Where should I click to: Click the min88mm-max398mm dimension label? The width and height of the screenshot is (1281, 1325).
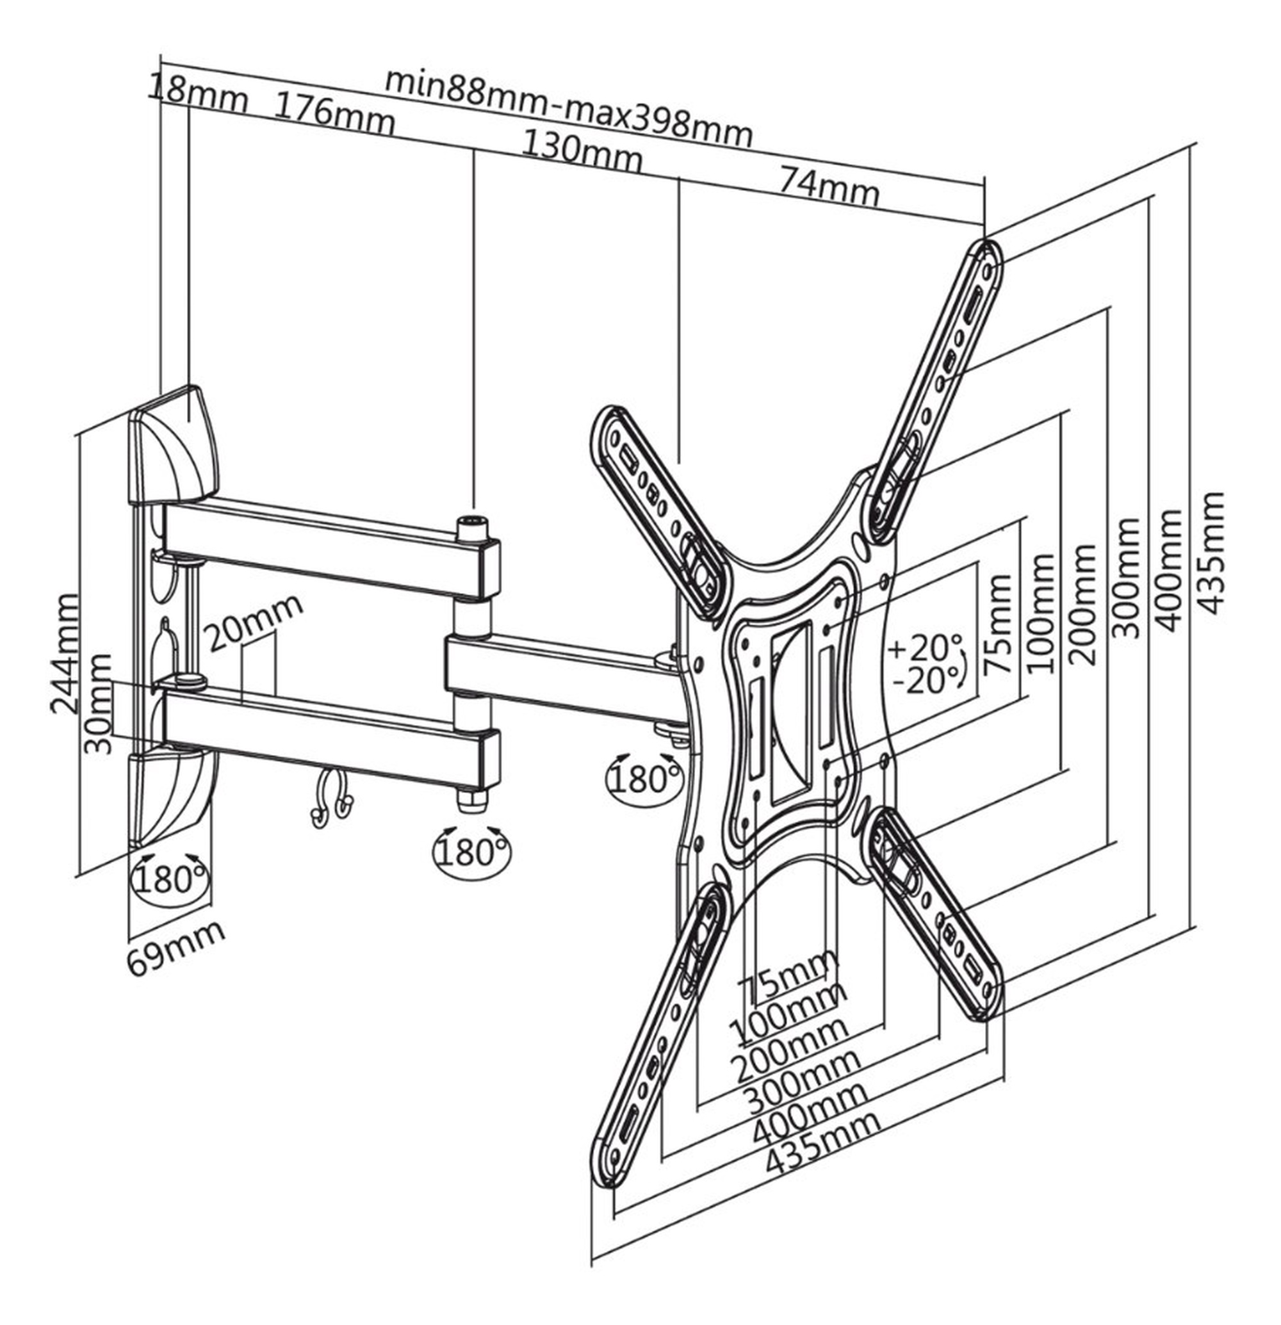[x=569, y=108]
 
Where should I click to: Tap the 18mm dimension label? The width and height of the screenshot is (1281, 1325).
[x=198, y=93]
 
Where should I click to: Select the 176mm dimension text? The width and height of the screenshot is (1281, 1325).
[x=333, y=115]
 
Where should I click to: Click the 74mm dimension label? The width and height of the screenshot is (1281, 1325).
[x=829, y=186]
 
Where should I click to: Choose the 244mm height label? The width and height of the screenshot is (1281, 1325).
[x=65, y=654]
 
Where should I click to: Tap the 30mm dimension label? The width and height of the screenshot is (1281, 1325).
[x=99, y=703]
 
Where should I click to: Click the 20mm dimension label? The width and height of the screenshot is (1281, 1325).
[x=252, y=622]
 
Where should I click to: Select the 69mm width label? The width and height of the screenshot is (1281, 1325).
[x=176, y=947]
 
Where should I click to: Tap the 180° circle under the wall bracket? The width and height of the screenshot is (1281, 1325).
[x=171, y=879]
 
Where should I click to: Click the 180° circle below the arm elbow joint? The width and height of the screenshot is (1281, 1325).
[x=472, y=851]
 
